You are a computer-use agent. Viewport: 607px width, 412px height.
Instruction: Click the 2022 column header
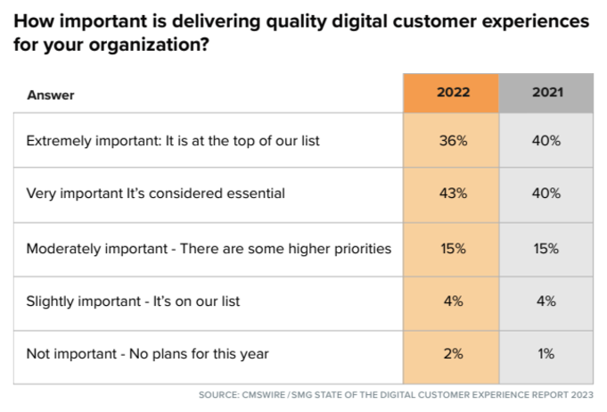453,94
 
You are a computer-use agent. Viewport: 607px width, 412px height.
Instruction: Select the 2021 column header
546,94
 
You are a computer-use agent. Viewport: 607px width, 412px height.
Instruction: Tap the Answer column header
51,95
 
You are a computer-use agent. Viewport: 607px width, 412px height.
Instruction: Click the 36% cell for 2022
453,140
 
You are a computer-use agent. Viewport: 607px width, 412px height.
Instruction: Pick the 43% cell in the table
453,194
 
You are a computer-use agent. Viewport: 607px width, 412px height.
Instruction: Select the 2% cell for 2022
453,354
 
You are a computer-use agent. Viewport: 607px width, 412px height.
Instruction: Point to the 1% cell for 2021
546,354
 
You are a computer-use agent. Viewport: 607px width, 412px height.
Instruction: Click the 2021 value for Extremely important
546,140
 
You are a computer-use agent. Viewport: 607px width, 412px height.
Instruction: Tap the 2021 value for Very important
546,194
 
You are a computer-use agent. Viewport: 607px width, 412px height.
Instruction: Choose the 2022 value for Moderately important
453,248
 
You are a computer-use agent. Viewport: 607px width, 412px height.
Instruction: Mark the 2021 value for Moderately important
546,248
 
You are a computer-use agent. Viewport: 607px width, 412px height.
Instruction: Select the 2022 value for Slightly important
453,301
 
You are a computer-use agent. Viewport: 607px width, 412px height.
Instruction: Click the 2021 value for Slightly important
546,301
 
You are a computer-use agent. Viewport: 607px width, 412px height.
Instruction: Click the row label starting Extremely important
173,140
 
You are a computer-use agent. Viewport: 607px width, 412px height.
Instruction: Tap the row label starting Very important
156,194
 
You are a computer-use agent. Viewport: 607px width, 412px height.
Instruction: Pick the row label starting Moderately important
209,248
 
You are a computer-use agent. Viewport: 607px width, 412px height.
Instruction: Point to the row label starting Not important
147,354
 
